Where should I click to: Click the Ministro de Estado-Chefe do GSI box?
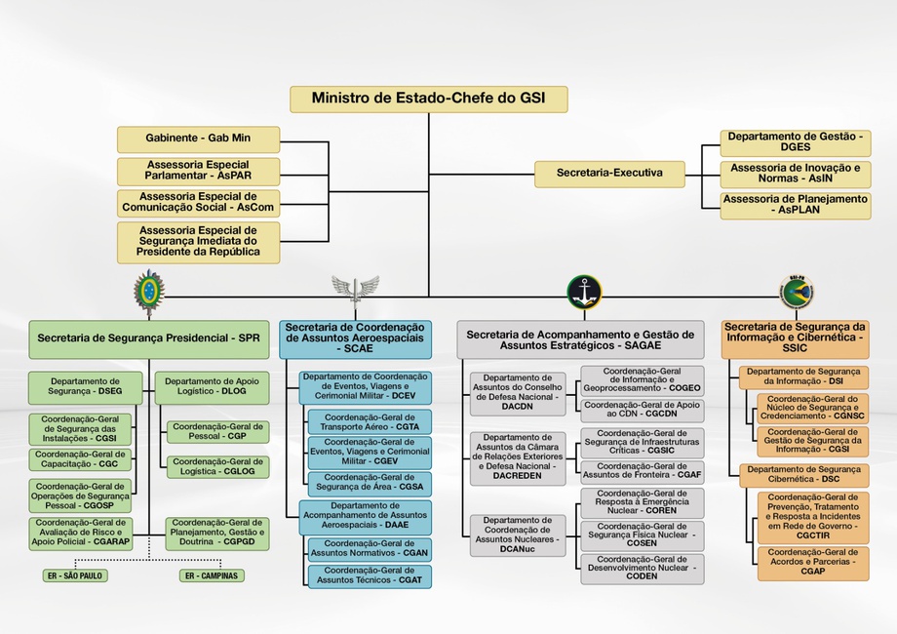(x=428, y=99)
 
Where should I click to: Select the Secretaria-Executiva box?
(x=609, y=174)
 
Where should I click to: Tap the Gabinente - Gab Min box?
(x=198, y=139)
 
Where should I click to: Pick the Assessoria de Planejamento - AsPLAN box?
(x=796, y=206)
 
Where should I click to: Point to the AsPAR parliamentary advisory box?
(x=198, y=171)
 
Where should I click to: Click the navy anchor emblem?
(x=584, y=292)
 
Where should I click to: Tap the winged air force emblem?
(x=355, y=291)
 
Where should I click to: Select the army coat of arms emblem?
(x=149, y=293)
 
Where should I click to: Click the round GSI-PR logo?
(x=797, y=292)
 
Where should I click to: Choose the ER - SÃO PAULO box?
(x=75, y=575)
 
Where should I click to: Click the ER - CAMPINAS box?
(x=212, y=575)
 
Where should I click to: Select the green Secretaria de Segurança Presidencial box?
(x=149, y=339)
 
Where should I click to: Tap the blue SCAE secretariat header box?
(x=355, y=339)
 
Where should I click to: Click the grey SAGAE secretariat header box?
(x=580, y=339)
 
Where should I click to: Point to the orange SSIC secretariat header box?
(x=796, y=339)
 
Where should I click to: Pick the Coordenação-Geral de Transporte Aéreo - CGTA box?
(x=370, y=422)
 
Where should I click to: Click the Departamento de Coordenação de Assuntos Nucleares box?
(x=518, y=535)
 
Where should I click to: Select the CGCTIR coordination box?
(x=813, y=517)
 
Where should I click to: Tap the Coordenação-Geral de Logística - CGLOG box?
(x=218, y=467)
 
